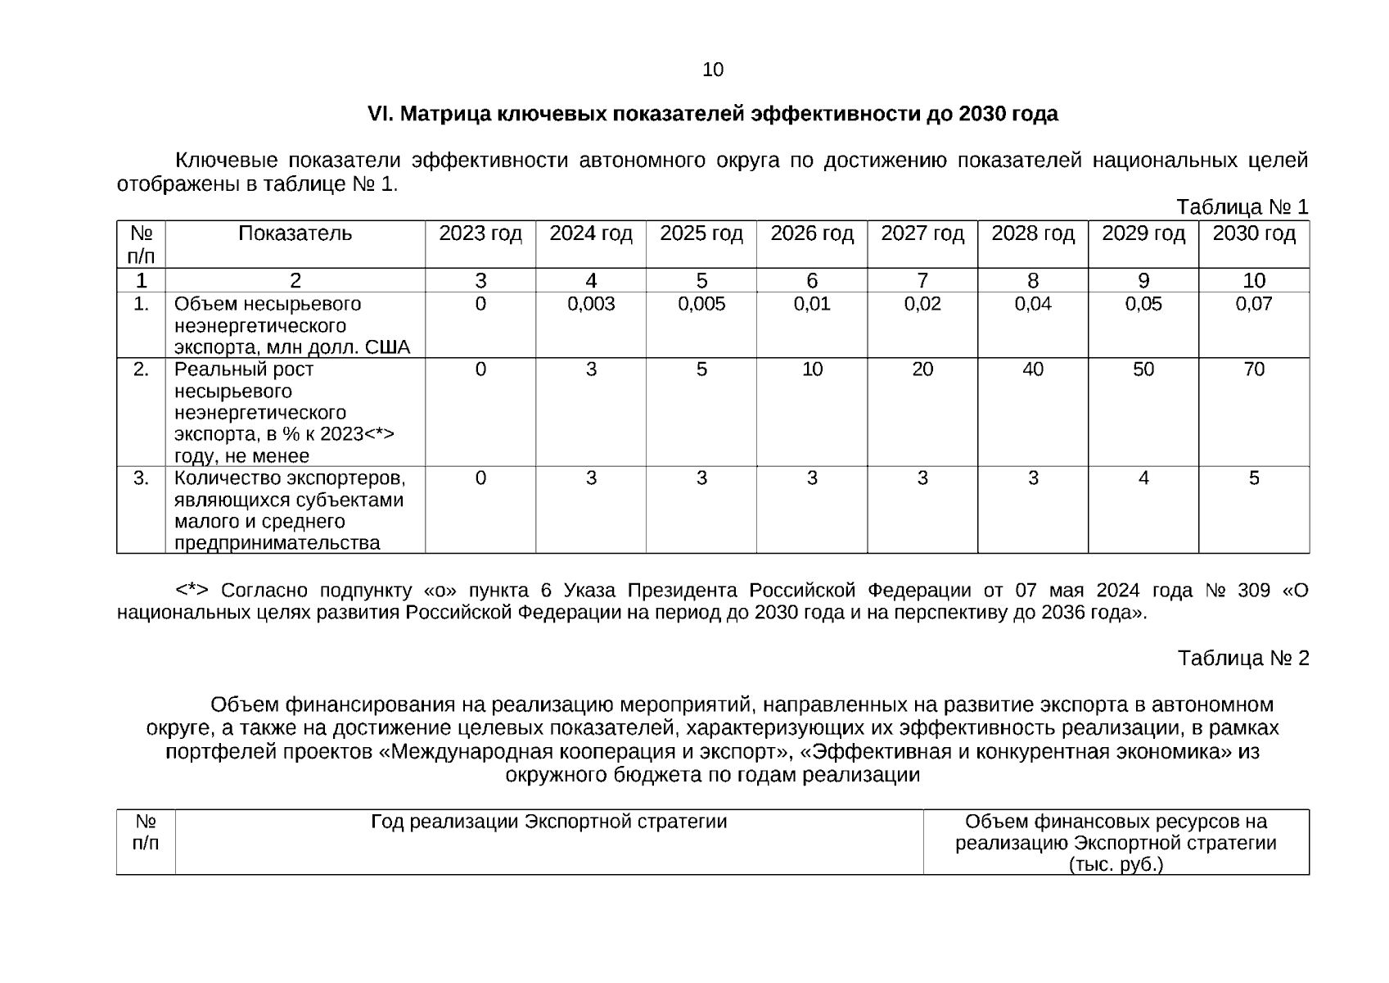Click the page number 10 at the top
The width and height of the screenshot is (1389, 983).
click(712, 70)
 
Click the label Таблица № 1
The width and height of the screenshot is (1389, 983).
click(1242, 206)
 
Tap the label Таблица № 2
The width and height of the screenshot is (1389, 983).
click(1242, 658)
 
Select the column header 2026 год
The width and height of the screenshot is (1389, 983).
click(811, 234)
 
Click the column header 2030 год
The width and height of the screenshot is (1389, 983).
click(1253, 234)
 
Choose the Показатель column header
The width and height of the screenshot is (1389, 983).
click(295, 234)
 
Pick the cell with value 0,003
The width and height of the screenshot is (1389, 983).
click(591, 305)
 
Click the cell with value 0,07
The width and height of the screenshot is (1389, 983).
click(1253, 305)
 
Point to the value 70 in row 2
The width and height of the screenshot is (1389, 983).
click(1253, 370)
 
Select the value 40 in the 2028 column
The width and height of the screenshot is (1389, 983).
click(1032, 370)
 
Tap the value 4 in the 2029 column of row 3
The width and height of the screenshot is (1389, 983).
click(1143, 478)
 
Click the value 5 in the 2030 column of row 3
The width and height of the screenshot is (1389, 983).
click(1253, 478)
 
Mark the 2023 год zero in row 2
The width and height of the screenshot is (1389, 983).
click(480, 370)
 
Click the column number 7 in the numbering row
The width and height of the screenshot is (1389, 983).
click(922, 281)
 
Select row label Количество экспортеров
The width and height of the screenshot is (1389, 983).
click(290, 478)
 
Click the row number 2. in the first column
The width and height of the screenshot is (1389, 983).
click(141, 370)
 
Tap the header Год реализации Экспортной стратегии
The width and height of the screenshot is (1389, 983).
click(548, 822)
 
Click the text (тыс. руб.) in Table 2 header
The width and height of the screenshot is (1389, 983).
click(1116, 865)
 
